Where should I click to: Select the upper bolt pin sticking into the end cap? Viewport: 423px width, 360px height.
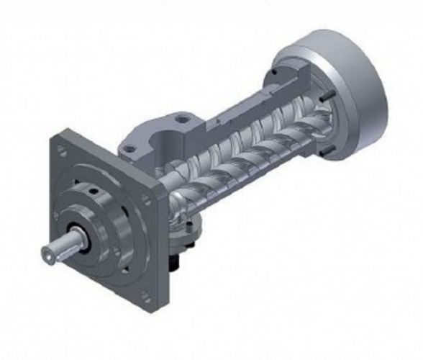tap(276, 72)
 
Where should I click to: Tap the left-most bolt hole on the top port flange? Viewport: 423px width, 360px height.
tap(129, 149)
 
